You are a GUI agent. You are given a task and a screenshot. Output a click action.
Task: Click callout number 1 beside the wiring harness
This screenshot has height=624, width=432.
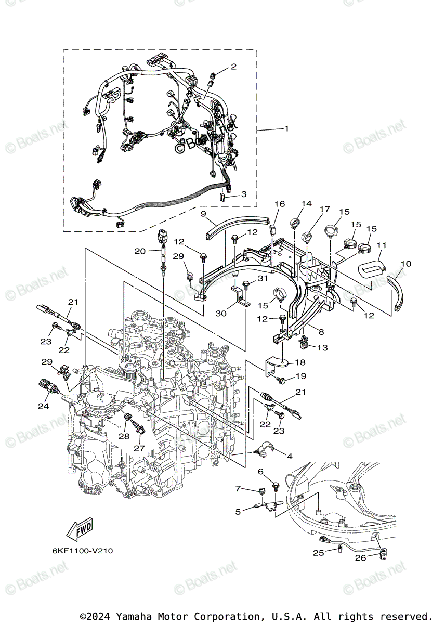pyautogui.click(x=285, y=128)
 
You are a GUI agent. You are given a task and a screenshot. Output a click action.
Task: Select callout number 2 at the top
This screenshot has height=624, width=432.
pyautogui.click(x=233, y=67)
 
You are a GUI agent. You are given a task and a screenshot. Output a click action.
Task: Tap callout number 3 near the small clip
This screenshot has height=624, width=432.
pyautogui.click(x=243, y=194)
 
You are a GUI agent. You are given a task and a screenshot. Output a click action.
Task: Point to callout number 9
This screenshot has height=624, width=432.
pyautogui.click(x=204, y=214)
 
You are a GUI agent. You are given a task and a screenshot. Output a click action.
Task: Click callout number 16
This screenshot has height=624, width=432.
pyautogui.click(x=280, y=204)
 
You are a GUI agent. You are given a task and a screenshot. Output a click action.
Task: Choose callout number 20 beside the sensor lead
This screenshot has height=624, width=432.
pyautogui.click(x=139, y=251)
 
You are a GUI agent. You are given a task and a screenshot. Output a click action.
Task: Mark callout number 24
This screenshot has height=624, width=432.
pyautogui.click(x=43, y=406)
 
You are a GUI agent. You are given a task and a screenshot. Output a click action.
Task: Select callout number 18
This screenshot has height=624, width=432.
pyautogui.click(x=301, y=362)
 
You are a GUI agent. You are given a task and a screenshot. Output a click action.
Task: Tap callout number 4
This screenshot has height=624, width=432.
pyautogui.click(x=289, y=456)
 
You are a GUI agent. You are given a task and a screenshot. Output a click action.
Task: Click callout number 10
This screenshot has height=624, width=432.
pyautogui.click(x=406, y=264)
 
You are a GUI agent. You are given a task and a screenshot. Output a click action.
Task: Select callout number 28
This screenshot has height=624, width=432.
pyautogui.click(x=123, y=436)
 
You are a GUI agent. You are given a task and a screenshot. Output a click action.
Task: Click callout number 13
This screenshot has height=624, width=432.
pyautogui.click(x=322, y=347)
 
